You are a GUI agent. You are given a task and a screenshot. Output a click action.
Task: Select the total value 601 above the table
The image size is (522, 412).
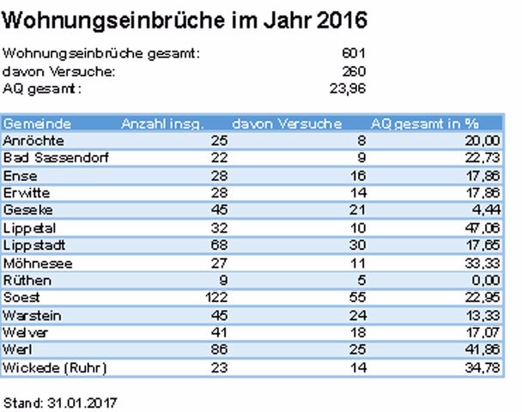[x=353, y=54]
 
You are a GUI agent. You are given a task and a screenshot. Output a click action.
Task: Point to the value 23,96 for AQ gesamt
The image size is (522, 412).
[x=348, y=88]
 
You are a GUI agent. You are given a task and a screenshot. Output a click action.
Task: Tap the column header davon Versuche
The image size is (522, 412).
[x=287, y=124]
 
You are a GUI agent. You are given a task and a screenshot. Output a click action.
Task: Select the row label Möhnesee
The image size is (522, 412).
[x=32, y=263]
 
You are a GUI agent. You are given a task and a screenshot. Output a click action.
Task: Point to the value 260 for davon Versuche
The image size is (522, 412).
[x=353, y=71]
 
